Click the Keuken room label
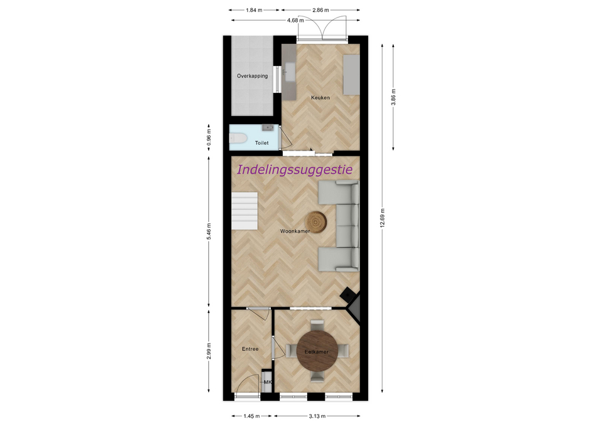(320, 98)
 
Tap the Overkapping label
(252, 76)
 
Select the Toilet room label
(262, 143)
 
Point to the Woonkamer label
(295, 232)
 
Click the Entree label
(250, 349)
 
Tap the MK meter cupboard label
(268, 382)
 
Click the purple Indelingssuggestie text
(295, 169)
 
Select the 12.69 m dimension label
(383, 218)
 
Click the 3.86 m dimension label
(394, 97)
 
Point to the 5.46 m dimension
(209, 232)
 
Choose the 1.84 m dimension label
(254, 11)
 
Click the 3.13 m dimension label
(317, 416)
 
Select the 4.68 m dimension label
(295, 20)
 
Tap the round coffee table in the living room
(316, 222)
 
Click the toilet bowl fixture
(236, 138)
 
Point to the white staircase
(244, 211)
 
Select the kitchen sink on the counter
(290, 72)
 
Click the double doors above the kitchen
(322, 28)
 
